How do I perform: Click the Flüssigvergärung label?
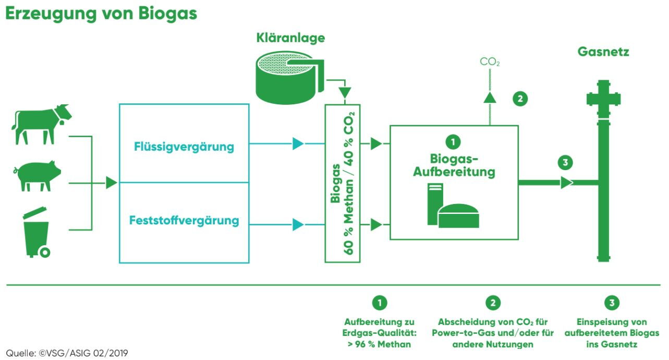click(x=184, y=147)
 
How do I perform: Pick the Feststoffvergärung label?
click(x=184, y=221)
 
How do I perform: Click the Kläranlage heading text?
click(x=290, y=38)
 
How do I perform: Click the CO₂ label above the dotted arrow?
click(x=490, y=63)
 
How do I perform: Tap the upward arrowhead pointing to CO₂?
click(x=489, y=97)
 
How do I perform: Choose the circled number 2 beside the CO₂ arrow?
click(x=520, y=98)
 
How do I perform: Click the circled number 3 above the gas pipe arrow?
click(x=565, y=162)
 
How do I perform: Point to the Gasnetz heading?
click(x=603, y=52)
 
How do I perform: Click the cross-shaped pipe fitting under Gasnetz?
click(x=603, y=99)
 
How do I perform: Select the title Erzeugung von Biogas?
click(x=101, y=14)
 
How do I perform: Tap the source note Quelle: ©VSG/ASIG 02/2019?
click(x=67, y=353)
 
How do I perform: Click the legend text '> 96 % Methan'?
click(x=379, y=344)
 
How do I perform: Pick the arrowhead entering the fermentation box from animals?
click(x=111, y=183)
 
